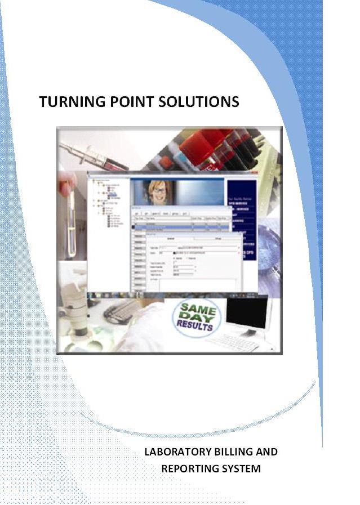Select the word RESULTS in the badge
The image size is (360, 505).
194,326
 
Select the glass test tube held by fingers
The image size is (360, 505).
70,225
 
